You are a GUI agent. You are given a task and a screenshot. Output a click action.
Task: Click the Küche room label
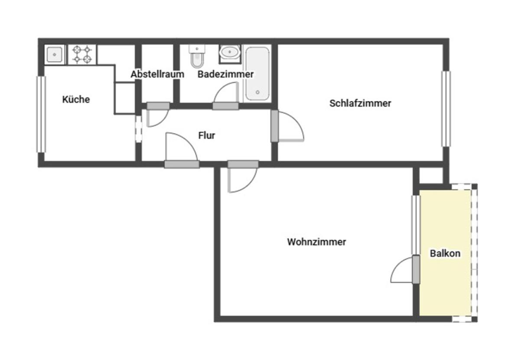tap(76, 99)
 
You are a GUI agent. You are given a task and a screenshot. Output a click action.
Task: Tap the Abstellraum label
tap(157, 74)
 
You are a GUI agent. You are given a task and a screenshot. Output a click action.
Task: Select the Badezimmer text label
tap(225, 74)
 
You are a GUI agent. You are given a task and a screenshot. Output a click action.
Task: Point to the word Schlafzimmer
tap(360, 103)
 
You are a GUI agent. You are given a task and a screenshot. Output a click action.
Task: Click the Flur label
tap(207, 135)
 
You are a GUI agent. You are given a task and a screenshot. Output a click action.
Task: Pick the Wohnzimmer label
tap(316, 242)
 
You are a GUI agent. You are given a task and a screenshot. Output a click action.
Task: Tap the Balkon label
tap(445, 253)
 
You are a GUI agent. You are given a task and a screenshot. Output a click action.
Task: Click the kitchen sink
tap(54, 54)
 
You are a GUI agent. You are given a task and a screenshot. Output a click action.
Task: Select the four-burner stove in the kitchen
tap(82, 55)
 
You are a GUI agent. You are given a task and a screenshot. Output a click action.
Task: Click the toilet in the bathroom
tap(197, 56)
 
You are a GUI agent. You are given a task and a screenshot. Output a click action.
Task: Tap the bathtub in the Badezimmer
tap(257, 74)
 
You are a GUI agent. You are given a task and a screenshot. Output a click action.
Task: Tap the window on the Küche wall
tap(41, 115)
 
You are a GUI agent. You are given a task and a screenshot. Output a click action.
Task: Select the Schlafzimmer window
tap(446, 109)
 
